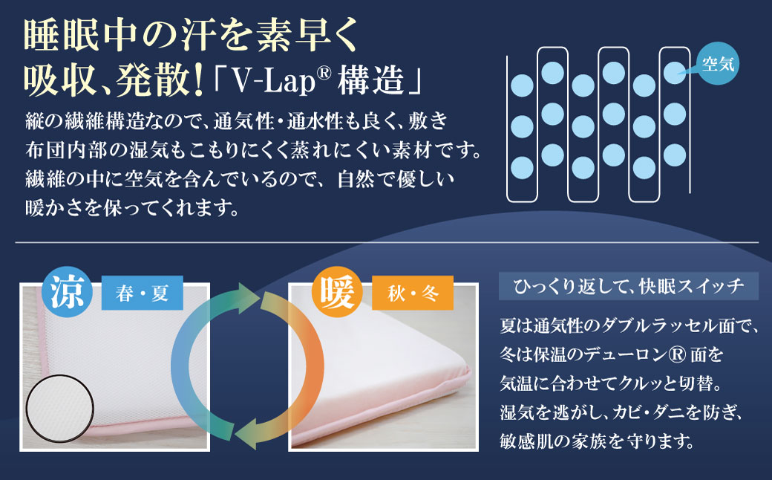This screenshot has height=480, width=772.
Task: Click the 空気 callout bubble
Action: point(718,63)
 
